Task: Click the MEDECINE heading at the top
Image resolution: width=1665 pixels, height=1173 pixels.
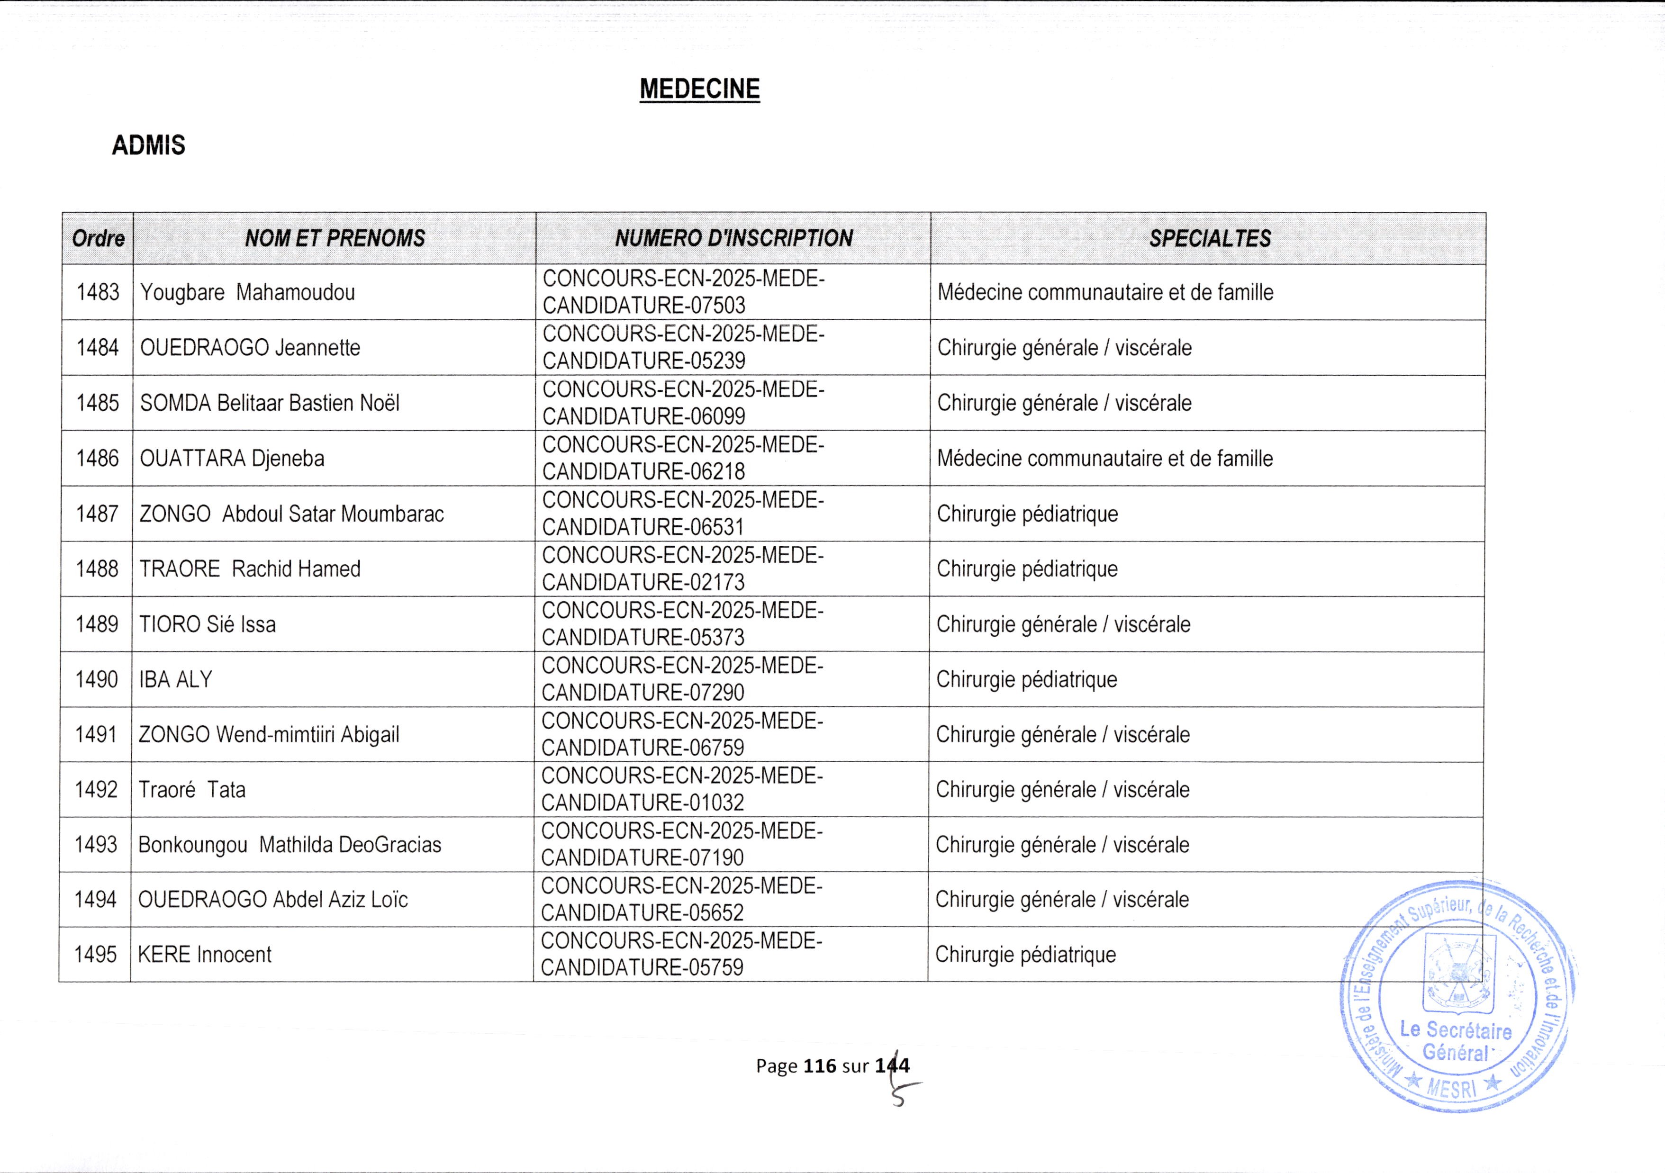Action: (x=699, y=89)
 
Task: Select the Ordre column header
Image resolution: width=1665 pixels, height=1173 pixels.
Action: (x=98, y=238)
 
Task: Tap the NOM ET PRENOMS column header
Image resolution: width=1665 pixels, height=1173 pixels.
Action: (x=335, y=238)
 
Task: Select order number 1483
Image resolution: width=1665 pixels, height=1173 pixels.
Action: (x=98, y=292)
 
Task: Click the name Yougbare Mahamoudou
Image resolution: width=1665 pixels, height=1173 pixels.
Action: (x=247, y=292)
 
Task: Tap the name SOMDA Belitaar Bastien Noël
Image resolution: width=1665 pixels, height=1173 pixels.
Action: (x=269, y=403)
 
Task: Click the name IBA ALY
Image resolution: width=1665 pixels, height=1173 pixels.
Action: (x=175, y=679)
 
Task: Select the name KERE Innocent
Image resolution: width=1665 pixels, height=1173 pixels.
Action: (x=205, y=955)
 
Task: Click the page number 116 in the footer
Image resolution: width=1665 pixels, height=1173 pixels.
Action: (x=819, y=1066)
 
